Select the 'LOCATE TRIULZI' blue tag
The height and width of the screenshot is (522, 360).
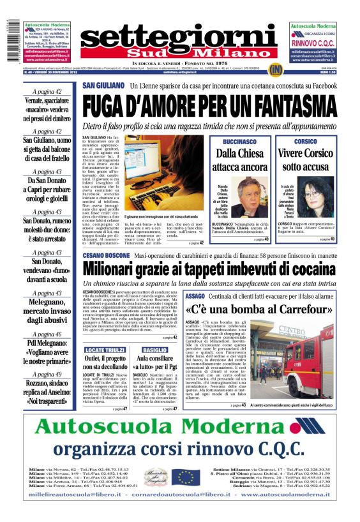click(x=105, y=350)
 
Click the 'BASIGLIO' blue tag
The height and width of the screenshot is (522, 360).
click(x=155, y=350)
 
